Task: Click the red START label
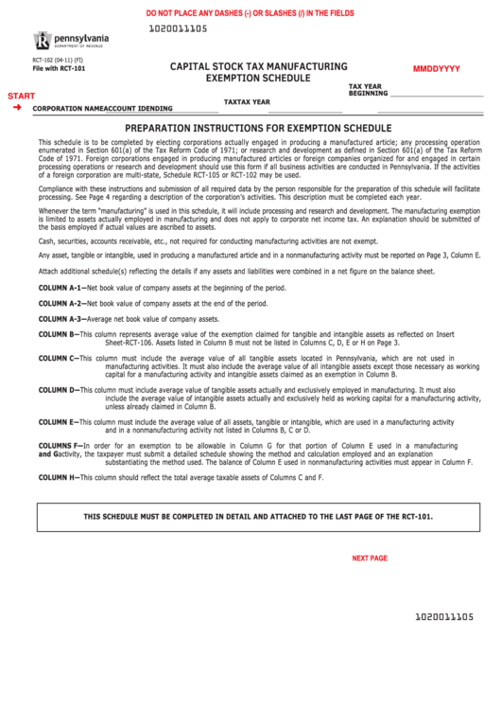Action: click(21, 97)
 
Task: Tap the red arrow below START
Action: click(17, 108)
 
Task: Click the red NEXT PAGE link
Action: click(370, 558)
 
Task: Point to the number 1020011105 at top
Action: click(178, 29)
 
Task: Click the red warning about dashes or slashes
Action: click(250, 13)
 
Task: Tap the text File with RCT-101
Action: click(59, 69)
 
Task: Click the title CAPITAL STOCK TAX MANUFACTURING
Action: click(258, 66)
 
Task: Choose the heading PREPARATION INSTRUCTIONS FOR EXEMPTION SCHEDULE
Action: click(258, 127)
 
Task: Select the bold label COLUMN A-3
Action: click(60, 319)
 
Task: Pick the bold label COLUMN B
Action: click(57, 334)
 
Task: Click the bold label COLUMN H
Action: click(57, 477)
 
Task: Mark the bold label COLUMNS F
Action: click(60, 445)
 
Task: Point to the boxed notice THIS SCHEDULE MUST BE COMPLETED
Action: click(258, 517)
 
